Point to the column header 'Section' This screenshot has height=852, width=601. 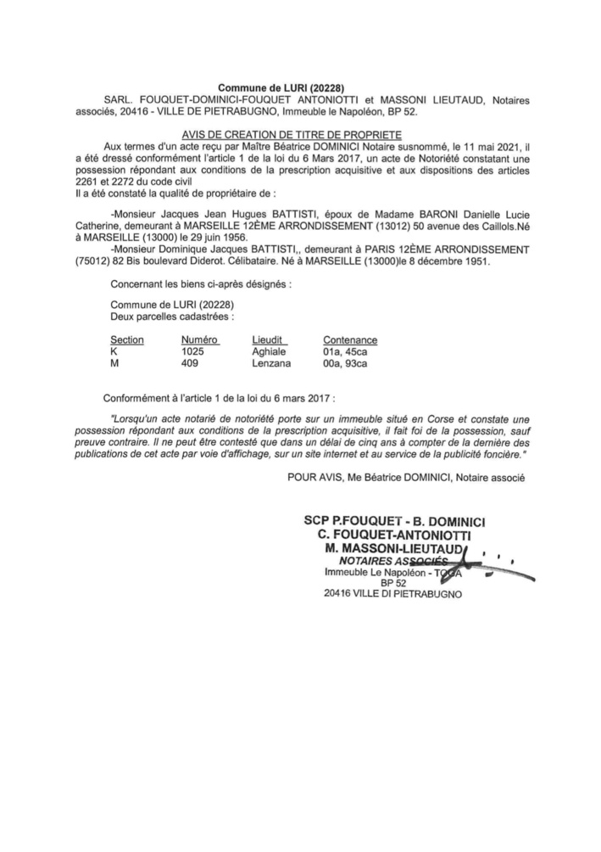pyautogui.click(x=127, y=339)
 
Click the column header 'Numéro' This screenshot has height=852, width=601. pyautogui.click(x=200, y=339)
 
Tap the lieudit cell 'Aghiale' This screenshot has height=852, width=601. pyautogui.click(x=270, y=351)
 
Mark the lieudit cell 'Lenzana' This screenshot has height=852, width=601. pyautogui.click(x=271, y=363)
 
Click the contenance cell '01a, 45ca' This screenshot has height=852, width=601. pyautogui.click(x=347, y=351)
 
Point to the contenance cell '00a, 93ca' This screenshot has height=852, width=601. pyautogui.click(x=347, y=363)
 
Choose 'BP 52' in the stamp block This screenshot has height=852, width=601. pyautogui.click(x=387, y=584)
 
